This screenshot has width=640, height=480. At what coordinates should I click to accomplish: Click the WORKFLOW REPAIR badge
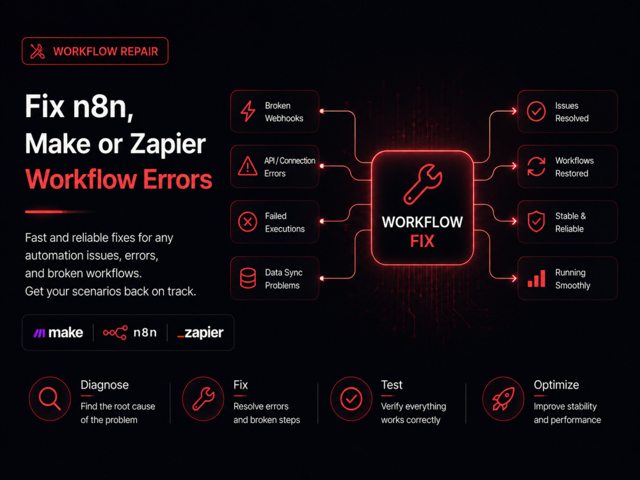(x=95, y=51)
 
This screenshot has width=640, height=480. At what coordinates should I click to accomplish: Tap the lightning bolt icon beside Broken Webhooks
(x=248, y=111)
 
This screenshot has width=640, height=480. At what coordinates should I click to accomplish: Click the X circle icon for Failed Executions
(x=248, y=221)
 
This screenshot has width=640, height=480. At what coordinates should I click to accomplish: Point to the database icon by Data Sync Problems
(x=248, y=278)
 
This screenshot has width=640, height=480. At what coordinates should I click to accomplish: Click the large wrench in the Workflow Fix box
(x=423, y=184)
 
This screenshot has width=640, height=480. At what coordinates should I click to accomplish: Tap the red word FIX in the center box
(x=422, y=241)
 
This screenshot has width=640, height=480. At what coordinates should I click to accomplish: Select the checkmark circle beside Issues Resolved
(x=536, y=111)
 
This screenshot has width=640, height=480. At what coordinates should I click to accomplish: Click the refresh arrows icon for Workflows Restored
(x=536, y=166)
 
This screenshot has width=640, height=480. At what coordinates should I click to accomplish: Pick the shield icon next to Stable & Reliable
(x=536, y=221)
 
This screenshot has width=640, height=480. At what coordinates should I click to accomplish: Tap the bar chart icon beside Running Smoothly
(x=536, y=278)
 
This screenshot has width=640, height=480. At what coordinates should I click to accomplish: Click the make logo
(x=58, y=333)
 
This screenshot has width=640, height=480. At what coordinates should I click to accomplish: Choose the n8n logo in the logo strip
(x=130, y=333)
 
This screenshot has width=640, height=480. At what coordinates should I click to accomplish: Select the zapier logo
(x=200, y=333)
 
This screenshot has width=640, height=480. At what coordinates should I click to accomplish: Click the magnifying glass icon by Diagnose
(x=50, y=398)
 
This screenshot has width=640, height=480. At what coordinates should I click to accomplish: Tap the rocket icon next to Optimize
(x=503, y=399)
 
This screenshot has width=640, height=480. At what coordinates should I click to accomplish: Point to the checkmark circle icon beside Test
(x=351, y=399)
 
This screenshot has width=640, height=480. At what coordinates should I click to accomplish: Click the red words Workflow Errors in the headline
(x=119, y=180)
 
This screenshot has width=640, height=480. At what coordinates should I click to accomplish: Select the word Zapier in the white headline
(x=168, y=145)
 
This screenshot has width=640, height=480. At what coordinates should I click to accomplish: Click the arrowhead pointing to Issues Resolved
(x=513, y=111)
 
